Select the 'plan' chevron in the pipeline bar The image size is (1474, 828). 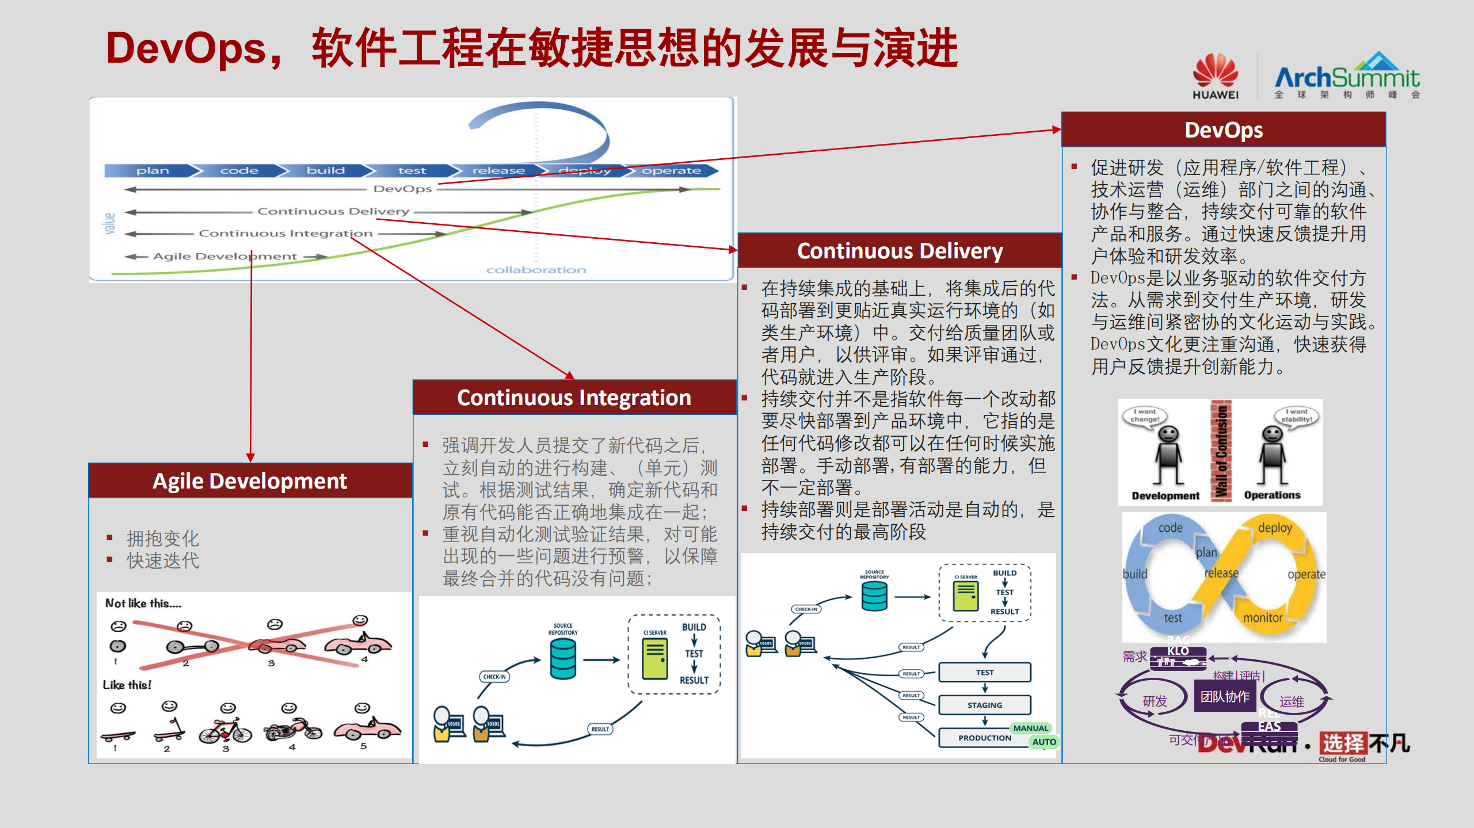(153, 170)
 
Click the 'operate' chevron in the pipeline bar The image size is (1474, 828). (671, 170)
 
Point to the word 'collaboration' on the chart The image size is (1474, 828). (536, 270)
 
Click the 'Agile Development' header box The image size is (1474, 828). (250, 480)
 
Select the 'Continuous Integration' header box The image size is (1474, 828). (574, 398)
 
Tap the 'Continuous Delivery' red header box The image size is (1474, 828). (900, 251)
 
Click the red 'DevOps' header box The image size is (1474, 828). (1224, 130)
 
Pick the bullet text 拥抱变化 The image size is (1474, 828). (163, 539)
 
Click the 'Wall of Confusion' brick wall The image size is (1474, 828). (1221, 452)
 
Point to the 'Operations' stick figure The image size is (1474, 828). (1272, 455)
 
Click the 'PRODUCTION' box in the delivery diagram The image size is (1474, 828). (984, 738)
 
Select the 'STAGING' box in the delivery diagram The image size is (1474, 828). (984, 705)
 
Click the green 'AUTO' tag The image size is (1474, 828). (1043, 742)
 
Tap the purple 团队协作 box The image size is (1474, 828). (1224, 697)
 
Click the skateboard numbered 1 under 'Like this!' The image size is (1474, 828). (117, 735)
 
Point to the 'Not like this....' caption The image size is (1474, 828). (143, 603)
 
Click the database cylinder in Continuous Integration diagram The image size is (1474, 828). (562, 658)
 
